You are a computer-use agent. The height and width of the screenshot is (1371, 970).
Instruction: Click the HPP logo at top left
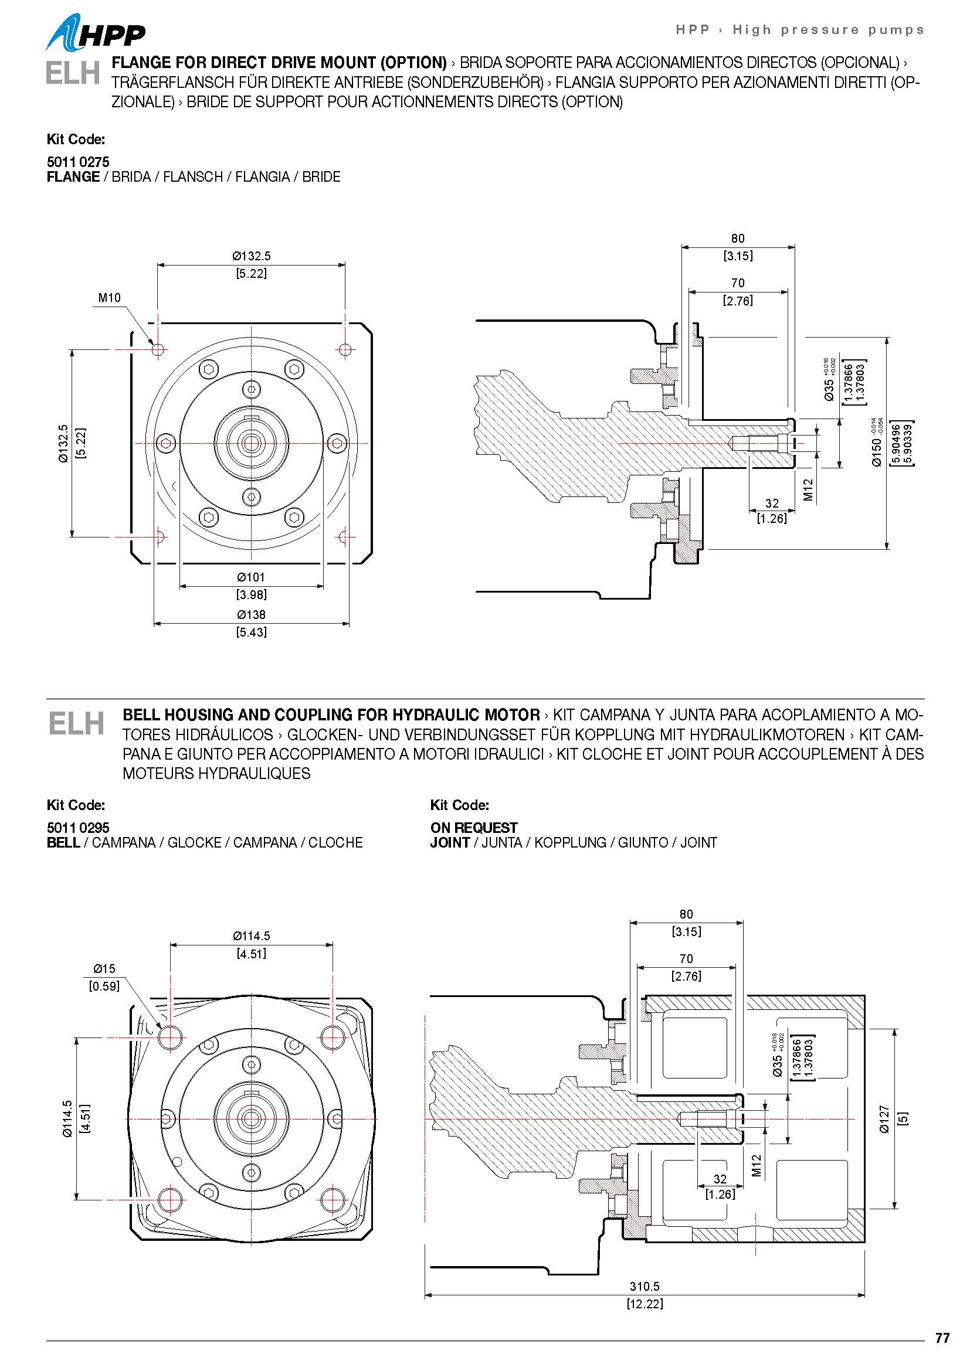(96, 33)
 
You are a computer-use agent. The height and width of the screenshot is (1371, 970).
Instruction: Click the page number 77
(942, 1338)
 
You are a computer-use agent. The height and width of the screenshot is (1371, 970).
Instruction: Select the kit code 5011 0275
(77, 162)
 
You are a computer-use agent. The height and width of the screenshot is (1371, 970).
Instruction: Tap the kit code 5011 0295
(77, 828)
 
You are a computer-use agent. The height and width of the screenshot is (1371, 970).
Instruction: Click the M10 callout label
(109, 297)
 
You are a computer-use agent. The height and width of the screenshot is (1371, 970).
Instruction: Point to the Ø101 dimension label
(251, 577)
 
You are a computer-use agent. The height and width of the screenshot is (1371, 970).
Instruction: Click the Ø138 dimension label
(251, 614)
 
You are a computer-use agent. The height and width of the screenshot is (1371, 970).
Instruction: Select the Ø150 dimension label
(876, 452)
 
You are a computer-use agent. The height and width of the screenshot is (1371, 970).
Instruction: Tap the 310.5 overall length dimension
(645, 1287)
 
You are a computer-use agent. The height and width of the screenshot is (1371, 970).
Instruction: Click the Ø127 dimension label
(884, 1119)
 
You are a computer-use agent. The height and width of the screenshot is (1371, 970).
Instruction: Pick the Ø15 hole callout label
(104, 968)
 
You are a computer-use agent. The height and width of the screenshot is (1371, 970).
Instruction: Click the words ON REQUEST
(474, 828)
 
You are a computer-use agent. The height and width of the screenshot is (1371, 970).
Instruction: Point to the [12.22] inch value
(645, 1304)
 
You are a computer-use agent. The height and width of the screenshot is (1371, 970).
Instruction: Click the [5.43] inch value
(251, 632)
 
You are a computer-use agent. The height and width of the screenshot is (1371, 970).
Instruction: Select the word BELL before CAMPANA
(63, 842)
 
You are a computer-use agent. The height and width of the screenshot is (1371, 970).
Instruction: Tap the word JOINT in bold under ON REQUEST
(450, 842)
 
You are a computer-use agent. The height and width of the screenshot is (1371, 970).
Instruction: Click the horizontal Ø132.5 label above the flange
(252, 256)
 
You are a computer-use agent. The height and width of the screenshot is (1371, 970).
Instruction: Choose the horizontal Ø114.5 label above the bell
(252, 935)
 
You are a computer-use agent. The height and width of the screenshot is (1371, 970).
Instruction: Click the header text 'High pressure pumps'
(828, 30)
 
